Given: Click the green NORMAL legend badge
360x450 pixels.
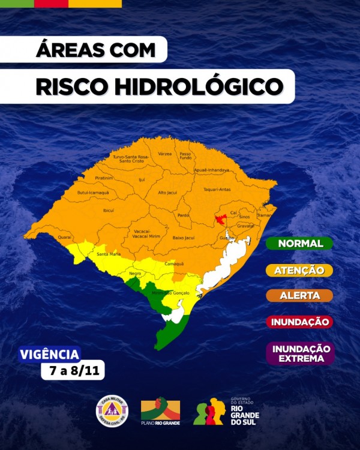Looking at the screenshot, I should (300, 244).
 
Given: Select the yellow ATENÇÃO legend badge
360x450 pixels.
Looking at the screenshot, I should (300, 271).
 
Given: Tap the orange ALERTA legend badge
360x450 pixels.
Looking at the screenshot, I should (300, 296).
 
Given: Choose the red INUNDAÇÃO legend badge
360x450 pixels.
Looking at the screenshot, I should (300, 322).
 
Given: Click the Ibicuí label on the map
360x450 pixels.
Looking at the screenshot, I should (109, 211).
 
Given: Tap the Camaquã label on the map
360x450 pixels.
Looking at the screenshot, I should (174, 264).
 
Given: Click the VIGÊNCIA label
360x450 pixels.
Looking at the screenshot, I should (49, 355).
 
